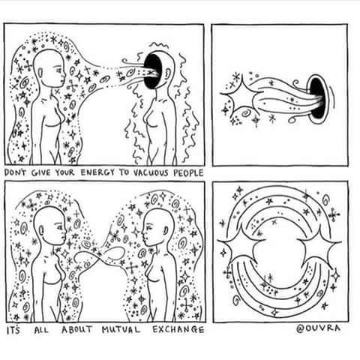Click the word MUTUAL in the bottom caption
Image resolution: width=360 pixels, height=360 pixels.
click(121, 330)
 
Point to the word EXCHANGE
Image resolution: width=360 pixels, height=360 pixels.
click(178, 330)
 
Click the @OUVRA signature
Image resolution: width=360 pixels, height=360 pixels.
click(319, 328)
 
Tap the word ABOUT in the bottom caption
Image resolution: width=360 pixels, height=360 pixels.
click(77, 329)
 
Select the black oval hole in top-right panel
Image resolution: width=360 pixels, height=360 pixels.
click(316, 98)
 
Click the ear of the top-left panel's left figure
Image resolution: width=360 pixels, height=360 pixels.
click(40, 73)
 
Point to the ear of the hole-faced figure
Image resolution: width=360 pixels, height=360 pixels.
click(167, 73)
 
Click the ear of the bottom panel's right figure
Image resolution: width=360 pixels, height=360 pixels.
click(166, 230)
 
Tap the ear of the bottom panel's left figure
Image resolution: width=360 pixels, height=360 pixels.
click(41, 230)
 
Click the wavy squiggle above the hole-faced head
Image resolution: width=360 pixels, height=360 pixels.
click(159, 45)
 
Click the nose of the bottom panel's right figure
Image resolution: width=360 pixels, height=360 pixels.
click(143, 235)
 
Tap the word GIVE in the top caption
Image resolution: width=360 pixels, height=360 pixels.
click(40, 172)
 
